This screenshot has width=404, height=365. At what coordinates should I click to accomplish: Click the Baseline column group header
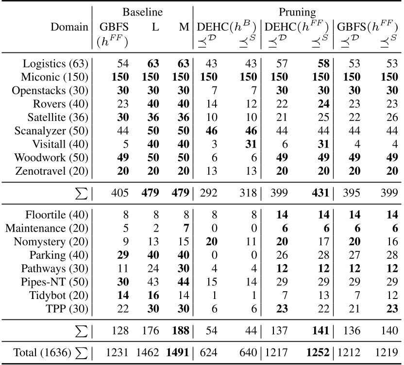142,11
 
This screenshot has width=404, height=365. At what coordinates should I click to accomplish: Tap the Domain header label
69,27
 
